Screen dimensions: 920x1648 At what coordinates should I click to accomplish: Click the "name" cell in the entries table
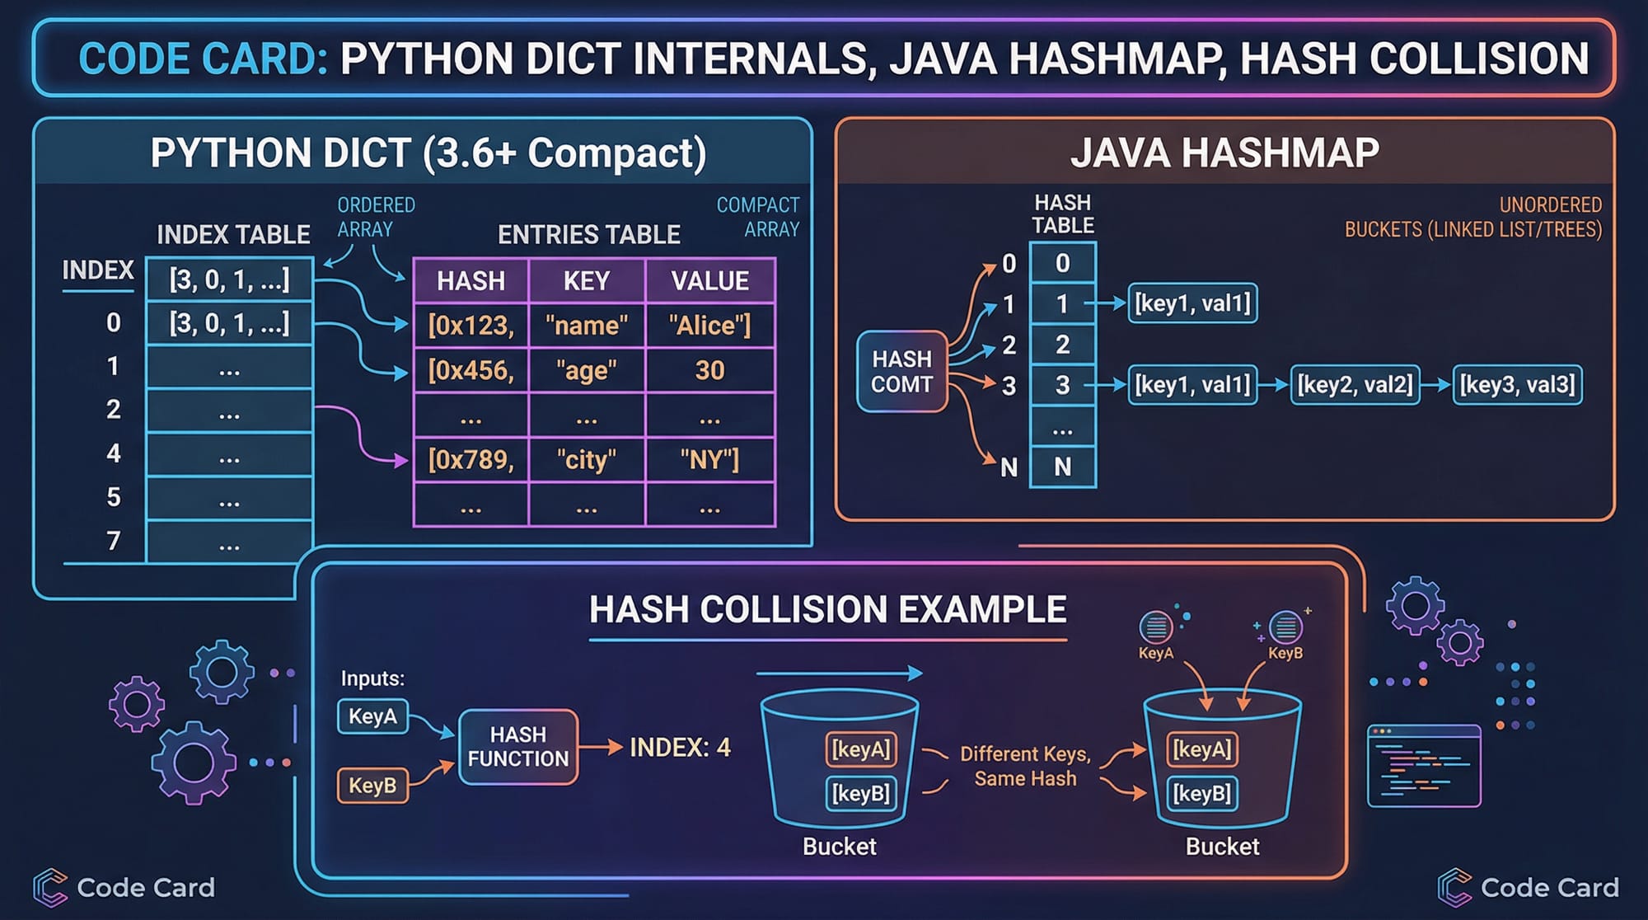(x=586, y=326)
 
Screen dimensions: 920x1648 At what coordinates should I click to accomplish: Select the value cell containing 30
(x=709, y=370)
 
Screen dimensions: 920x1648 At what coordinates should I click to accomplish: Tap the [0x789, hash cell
(x=471, y=459)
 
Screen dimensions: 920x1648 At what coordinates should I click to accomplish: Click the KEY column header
(x=586, y=281)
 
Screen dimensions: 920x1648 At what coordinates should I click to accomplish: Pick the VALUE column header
(x=709, y=281)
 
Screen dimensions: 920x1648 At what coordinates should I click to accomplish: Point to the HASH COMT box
(x=901, y=372)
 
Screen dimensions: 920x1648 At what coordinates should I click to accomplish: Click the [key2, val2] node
(x=1355, y=385)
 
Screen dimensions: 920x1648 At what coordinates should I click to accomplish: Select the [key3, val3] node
(x=1517, y=385)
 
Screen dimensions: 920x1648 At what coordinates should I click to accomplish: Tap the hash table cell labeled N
(x=1062, y=467)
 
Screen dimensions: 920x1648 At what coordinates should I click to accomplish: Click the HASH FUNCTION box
(x=518, y=747)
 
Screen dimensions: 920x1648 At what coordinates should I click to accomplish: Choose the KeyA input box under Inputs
(x=372, y=716)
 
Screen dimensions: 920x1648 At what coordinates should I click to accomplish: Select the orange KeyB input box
(x=372, y=786)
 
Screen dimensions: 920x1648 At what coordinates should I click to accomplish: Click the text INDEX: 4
(x=680, y=748)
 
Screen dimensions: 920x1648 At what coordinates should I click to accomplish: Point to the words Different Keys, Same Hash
(x=1025, y=767)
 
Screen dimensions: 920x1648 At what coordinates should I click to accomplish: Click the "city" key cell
(x=586, y=459)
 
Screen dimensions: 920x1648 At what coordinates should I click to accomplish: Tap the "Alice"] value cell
(x=709, y=326)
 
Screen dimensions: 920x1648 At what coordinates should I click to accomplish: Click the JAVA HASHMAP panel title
(x=1224, y=153)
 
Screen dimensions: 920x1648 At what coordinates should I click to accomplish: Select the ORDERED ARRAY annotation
(x=376, y=217)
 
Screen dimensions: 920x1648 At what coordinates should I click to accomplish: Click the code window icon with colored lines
(x=1424, y=766)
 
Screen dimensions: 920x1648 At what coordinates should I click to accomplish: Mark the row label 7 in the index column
(x=114, y=541)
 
